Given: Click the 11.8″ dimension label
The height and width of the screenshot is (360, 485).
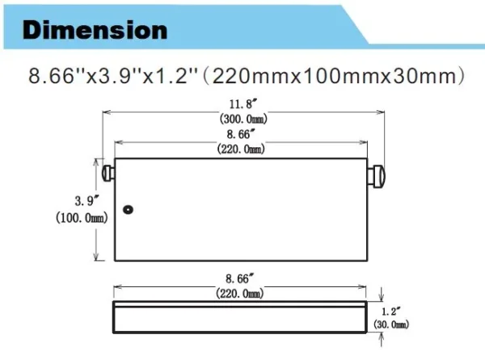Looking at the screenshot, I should (243, 104).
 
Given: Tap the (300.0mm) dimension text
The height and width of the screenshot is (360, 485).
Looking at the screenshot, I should (243, 118).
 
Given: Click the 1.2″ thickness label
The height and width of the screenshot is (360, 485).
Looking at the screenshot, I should (390, 309).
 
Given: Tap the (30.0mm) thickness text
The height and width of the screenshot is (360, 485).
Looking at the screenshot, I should (392, 325).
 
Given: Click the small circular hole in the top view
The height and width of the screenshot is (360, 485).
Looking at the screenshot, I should (128, 210).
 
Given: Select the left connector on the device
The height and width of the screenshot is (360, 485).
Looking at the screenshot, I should (107, 172).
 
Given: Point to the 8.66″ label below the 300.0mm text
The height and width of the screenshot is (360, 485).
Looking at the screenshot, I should (243, 133).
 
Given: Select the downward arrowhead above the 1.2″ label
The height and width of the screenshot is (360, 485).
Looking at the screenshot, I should (382, 295).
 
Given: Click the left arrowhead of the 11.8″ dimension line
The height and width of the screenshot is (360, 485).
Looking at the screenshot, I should (103, 112).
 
